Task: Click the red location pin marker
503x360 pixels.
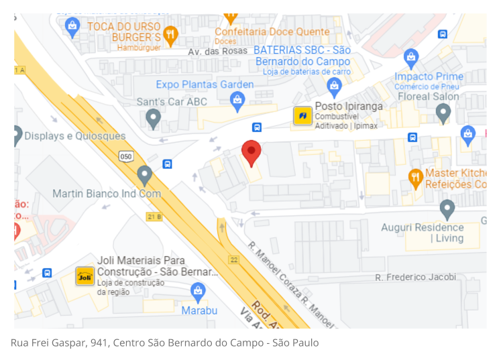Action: click(251, 152)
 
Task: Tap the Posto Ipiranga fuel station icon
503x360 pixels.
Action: click(302, 116)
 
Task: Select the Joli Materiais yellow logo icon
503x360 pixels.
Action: click(84, 276)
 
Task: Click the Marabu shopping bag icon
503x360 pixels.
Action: click(198, 291)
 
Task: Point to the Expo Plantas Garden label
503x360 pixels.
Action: click(205, 84)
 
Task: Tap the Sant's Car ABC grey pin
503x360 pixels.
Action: click(154, 119)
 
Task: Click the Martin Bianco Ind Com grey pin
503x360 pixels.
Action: click(144, 176)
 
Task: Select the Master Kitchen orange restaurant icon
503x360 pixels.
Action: click(416, 178)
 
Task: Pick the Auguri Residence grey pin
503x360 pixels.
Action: click(447, 209)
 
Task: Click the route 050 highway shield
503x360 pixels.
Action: click(126, 156)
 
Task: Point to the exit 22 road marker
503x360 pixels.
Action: click(233, 259)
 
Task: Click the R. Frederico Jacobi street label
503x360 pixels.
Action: click(415, 277)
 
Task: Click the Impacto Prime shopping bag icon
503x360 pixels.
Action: click(411, 58)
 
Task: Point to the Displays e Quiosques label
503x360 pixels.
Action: click(74, 136)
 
